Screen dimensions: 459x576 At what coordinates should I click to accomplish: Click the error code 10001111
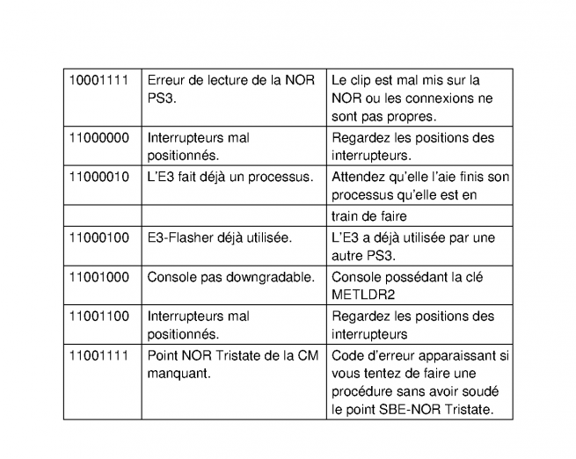[x=98, y=81]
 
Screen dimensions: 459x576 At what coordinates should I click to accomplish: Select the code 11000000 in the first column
[x=98, y=138]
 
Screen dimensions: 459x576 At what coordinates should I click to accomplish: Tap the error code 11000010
[x=98, y=176]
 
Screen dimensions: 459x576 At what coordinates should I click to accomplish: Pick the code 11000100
[x=98, y=237]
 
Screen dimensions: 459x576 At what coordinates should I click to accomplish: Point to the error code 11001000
[x=98, y=276]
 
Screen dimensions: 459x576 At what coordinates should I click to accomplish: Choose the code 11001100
[x=98, y=317]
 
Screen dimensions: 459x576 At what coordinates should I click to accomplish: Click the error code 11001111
[x=98, y=355]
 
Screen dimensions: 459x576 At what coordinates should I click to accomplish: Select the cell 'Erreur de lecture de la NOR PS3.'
[x=230, y=90]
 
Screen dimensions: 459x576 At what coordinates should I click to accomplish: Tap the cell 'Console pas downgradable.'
[x=230, y=276]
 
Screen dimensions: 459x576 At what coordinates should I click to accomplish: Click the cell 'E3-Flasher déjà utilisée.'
[x=218, y=237]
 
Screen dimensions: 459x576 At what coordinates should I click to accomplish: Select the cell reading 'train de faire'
[x=368, y=215]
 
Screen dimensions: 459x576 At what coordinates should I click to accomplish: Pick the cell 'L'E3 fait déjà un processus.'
[x=230, y=176]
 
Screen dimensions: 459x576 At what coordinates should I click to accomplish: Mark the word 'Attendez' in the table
[x=361, y=176]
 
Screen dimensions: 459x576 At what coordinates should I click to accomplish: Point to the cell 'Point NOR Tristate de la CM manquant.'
[x=230, y=364]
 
